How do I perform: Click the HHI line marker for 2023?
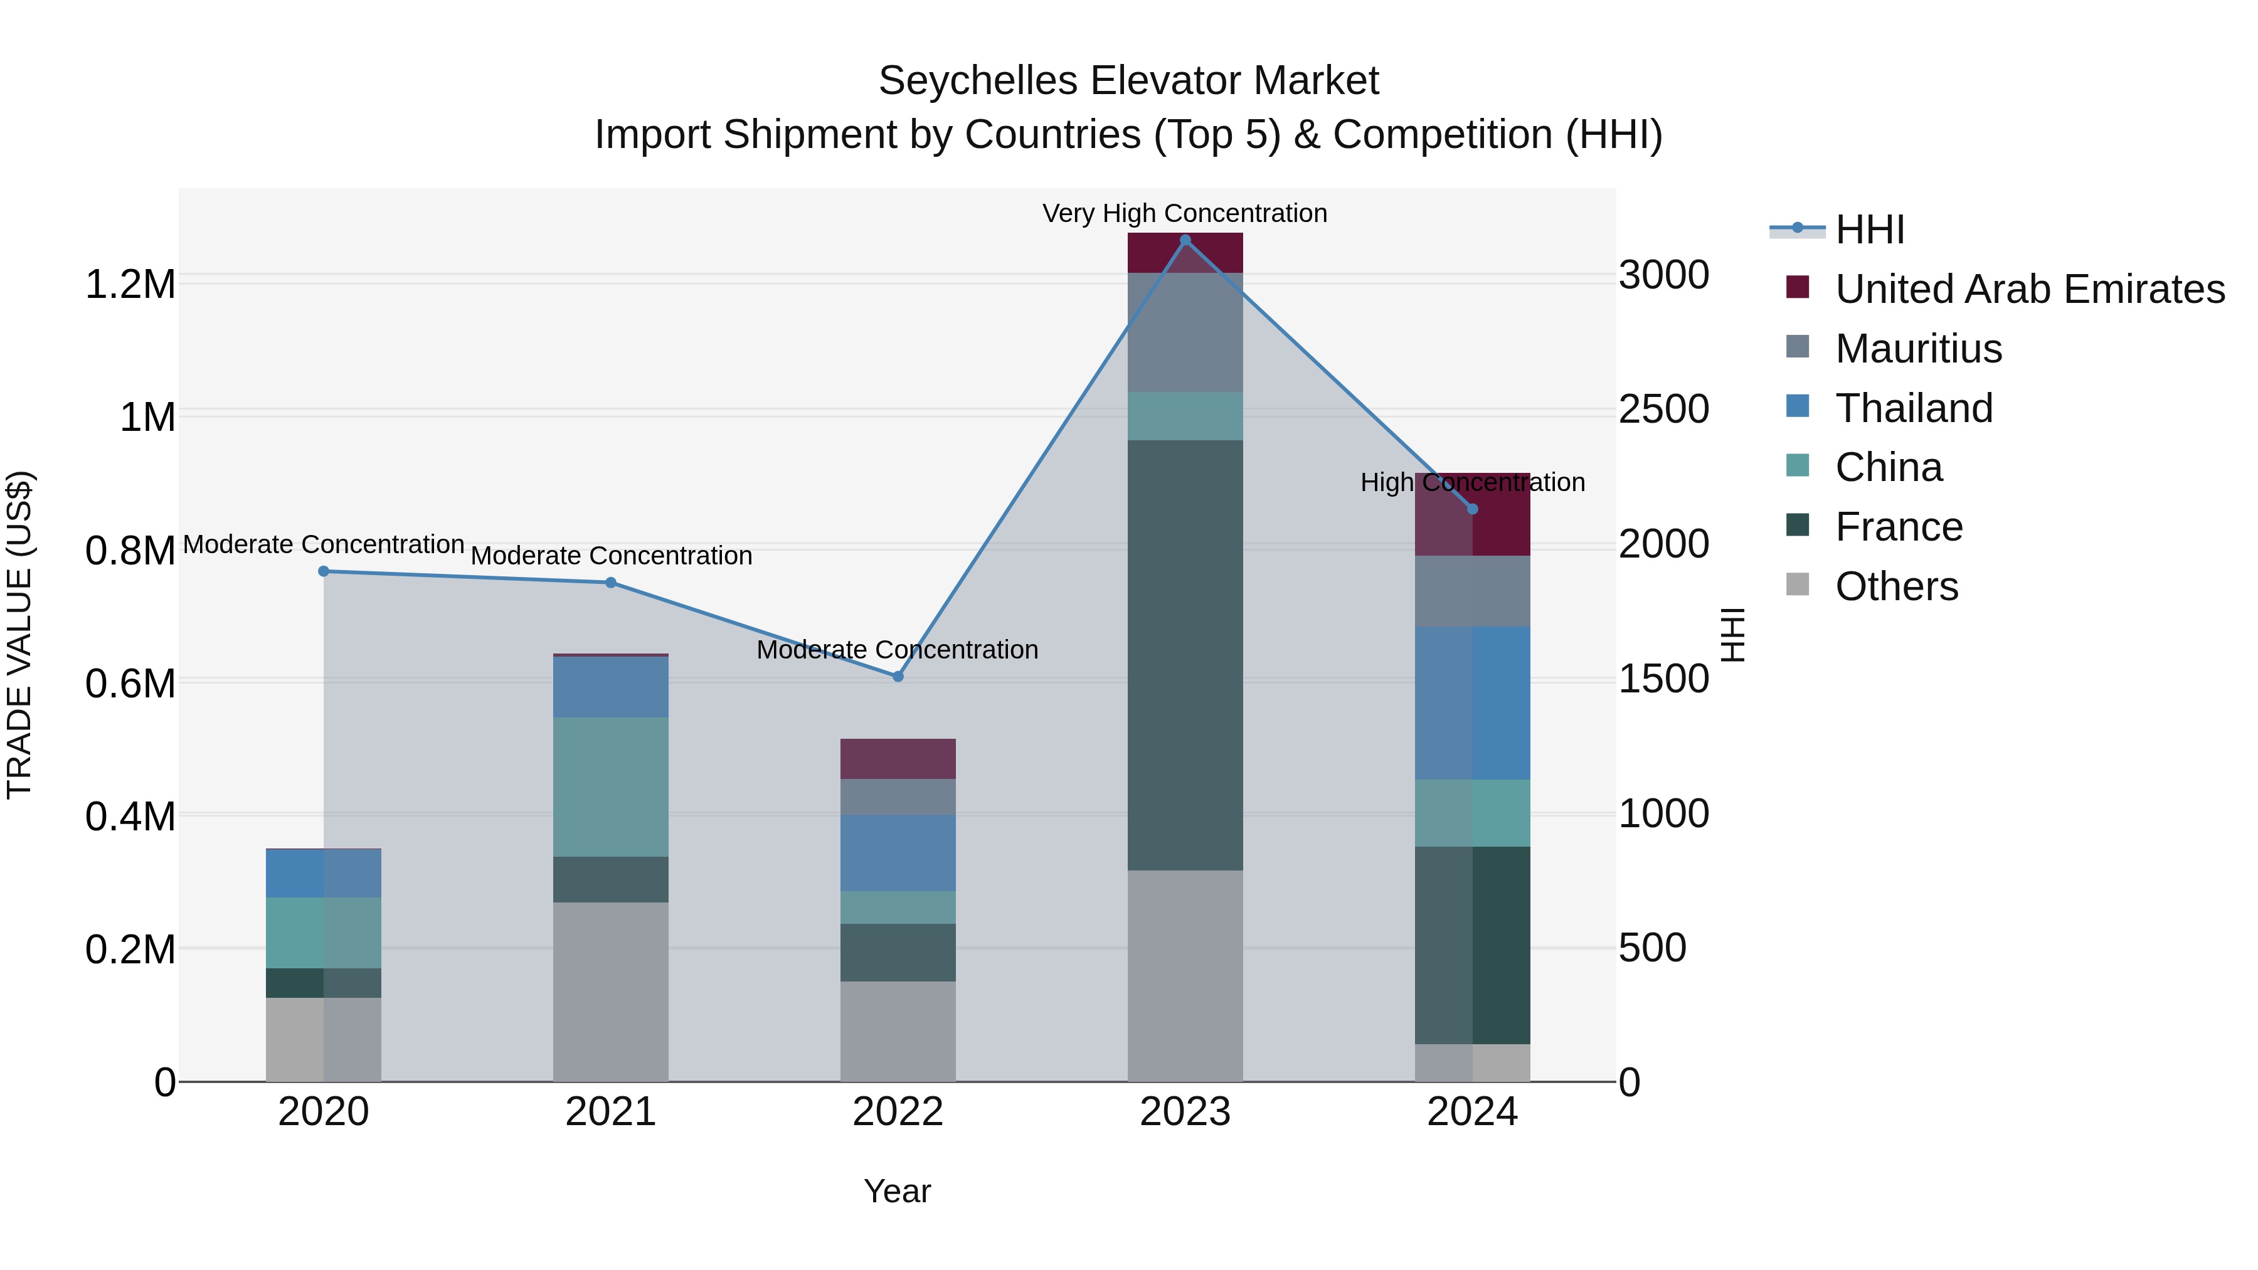(1185, 240)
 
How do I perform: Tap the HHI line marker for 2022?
(898, 677)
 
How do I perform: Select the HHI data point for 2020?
(324, 571)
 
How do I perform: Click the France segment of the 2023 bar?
(1185, 655)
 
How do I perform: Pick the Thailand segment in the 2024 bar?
(1473, 703)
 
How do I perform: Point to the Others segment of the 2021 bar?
(610, 992)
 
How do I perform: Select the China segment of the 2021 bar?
(610, 787)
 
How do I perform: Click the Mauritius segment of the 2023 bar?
(1185, 332)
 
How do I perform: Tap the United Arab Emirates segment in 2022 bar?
(898, 759)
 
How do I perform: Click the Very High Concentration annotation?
(1184, 213)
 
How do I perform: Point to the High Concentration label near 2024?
(1473, 482)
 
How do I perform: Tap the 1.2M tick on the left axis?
(130, 285)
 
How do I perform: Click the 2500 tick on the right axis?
(1663, 410)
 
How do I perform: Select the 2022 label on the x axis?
(898, 1112)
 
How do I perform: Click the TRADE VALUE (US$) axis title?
(19, 635)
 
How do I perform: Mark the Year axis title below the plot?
(897, 1191)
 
